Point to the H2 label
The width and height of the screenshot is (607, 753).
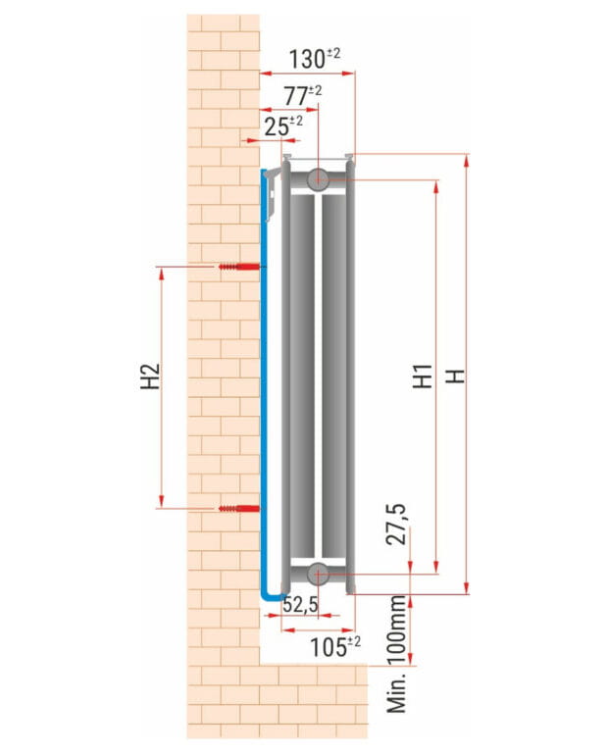pos(150,376)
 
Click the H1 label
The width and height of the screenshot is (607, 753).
pos(423,376)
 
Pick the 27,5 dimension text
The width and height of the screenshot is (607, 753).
pos(397,524)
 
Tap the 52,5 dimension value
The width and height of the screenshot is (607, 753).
pos(300,604)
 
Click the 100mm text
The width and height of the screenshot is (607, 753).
pos(397,630)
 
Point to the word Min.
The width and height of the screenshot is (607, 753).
pos(397,692)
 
